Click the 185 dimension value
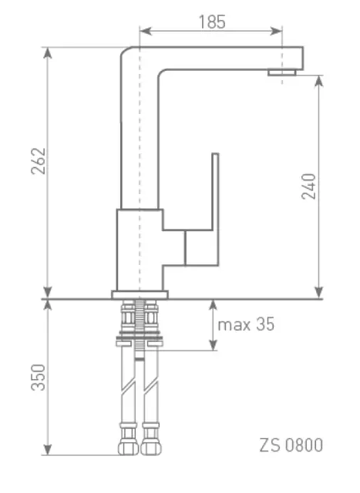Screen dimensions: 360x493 (x=212, y=22)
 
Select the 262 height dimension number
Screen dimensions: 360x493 (x=39, y=161)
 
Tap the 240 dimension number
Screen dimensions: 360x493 (x=308, y=186)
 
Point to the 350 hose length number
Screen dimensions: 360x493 (x=39, y=377)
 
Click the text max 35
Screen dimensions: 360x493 (x=246, y=324)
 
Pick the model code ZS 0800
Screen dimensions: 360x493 (x=291, y=445)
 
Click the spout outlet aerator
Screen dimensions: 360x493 (x=282, y=72)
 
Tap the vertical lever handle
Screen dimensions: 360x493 (x=215, y=209)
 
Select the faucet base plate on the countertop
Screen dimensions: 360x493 (x=140, y=294)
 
